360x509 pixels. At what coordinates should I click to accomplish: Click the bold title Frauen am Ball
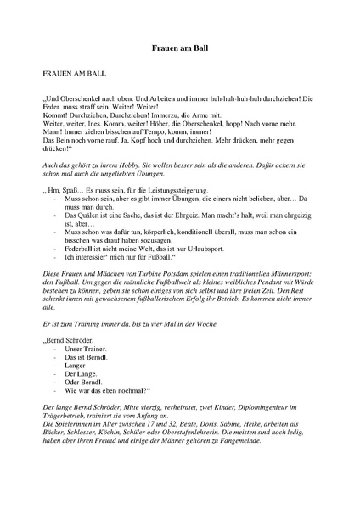(x=179, y=50)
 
